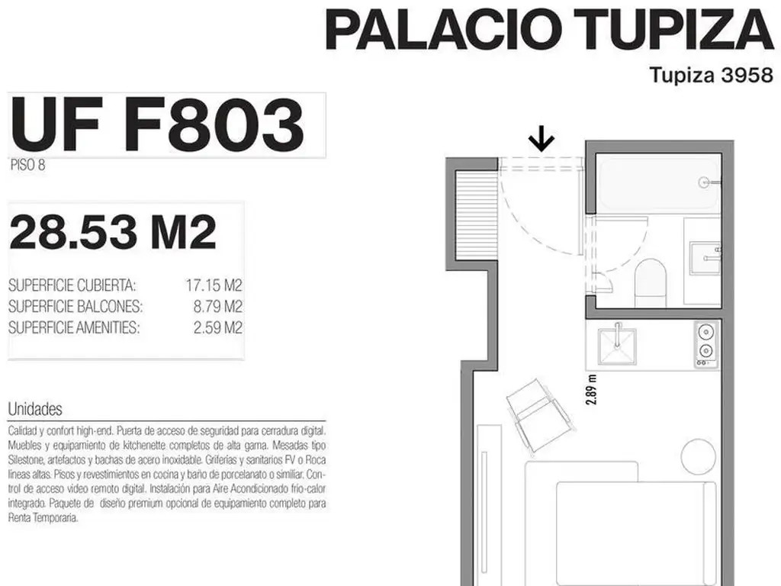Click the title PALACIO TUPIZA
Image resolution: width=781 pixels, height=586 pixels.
[x=550, y=30]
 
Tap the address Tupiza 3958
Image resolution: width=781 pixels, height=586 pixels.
[x=712, y=75]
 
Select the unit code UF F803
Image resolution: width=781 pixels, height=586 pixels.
[x=157, y=124]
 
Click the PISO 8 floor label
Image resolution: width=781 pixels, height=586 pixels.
[x=28, y=165]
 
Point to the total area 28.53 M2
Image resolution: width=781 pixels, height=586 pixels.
[x=113, y=232]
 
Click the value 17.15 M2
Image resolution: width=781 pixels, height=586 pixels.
[x=214, y=285]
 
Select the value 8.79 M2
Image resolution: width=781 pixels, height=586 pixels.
[x=217, y=307]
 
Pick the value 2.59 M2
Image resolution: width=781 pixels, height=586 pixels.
[x=217, y=327]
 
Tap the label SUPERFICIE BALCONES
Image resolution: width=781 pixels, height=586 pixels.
[x=76, y=307]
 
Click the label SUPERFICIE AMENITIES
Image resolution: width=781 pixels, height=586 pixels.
[x=74, y=327]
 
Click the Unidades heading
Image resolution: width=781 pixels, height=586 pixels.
[x=35, y=409]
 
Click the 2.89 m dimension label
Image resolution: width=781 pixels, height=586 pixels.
[x=591, y=390]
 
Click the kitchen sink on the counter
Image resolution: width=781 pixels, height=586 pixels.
[x=618, y=345]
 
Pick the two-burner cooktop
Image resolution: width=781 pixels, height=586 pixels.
[x=705, y=343]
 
